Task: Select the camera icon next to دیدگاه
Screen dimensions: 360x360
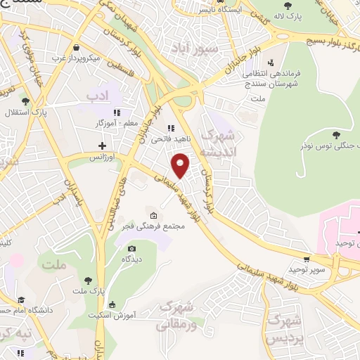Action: tap(131, 248)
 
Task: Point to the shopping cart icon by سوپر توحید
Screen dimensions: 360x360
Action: tap(307, 259)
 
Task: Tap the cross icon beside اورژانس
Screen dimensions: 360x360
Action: tap(103, 146)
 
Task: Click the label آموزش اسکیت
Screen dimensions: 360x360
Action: tap(111, 314)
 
